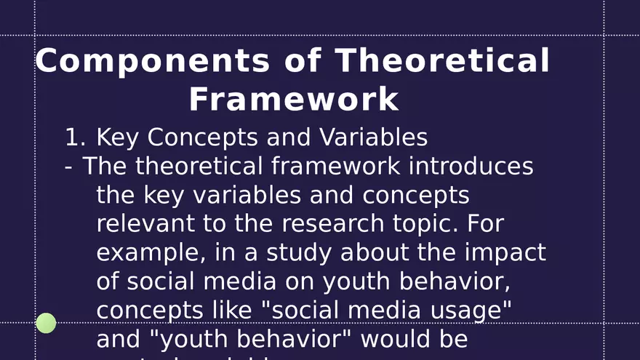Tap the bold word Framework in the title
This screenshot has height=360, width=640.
[x=294, y=100]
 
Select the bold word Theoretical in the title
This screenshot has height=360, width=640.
[x=442, y=61]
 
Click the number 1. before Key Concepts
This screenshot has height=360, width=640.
[x=76, y=137]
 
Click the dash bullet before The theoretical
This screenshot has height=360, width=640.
[x=68, y=167]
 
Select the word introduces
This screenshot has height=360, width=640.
[x=471, y=167]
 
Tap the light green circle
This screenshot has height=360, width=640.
[x=46, y=323]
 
